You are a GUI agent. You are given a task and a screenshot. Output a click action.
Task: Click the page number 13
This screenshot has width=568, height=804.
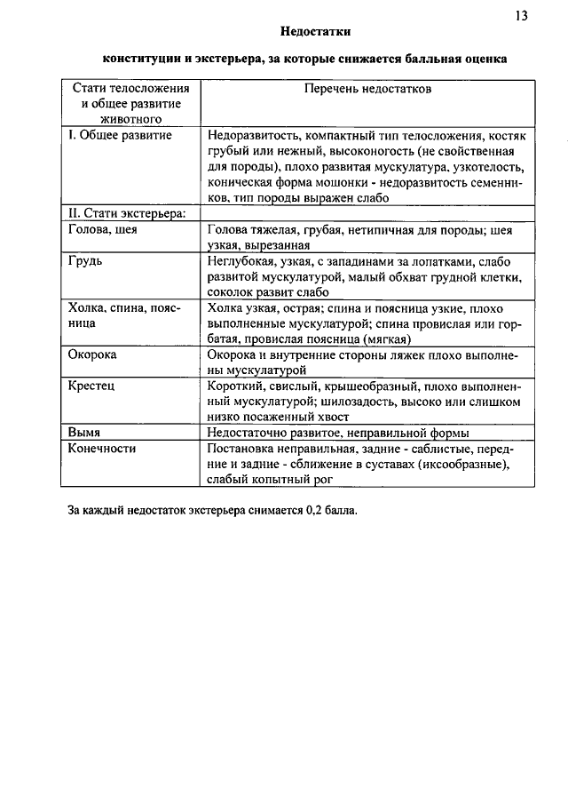click(x=521, y=16)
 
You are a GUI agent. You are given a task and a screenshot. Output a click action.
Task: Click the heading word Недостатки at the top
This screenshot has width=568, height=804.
click(x=316, y=32)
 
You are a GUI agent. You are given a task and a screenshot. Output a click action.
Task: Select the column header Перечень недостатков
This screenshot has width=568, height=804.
click(x=367, y=90)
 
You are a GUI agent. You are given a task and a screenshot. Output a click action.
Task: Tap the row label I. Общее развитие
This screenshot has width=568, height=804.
click(x=120, y=136)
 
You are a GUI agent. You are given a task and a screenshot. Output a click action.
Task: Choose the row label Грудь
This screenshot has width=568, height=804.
click(x=85, y=261)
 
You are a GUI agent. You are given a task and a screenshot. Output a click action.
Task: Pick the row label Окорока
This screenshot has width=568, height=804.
click(x=93, y=354)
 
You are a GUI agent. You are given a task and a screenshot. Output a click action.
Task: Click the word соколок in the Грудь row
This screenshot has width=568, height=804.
click(x=231, y=292)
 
